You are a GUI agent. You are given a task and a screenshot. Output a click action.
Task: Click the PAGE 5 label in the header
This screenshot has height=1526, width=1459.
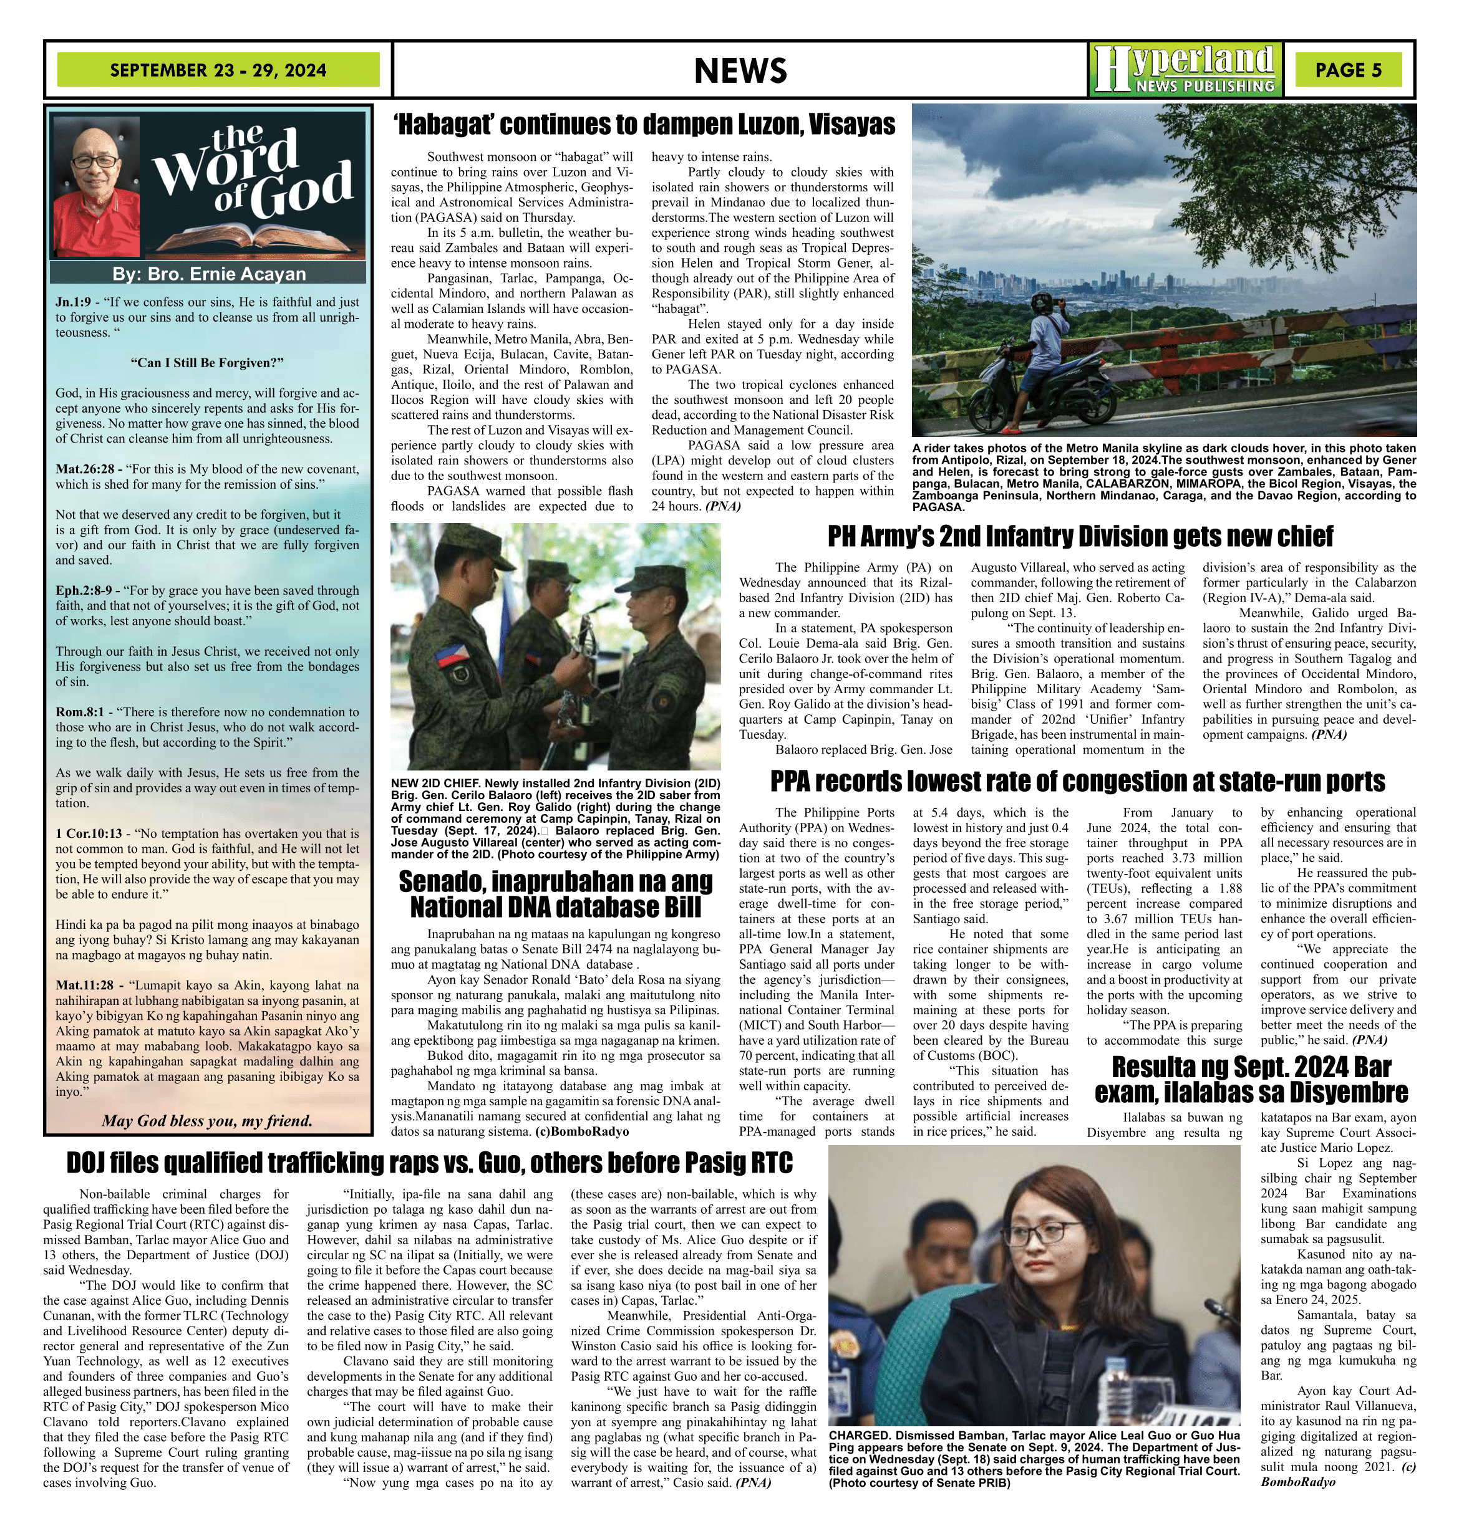click(x=1348, y=70)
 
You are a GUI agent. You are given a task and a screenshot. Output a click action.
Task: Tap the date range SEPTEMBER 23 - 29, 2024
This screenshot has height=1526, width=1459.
click(x=218, y=70)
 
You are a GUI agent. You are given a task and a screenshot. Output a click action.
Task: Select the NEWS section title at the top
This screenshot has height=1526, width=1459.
click(x=740, y=70)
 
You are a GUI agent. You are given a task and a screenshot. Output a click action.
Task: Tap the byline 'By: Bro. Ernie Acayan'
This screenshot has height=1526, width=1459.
click(x=208, y=274)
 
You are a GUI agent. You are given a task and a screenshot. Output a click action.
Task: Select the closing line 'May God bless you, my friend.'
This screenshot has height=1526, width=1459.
click(x=207, y=1120)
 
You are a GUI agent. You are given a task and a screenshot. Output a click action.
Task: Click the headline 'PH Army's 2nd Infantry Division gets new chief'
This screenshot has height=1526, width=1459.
click(x=1080, y=536)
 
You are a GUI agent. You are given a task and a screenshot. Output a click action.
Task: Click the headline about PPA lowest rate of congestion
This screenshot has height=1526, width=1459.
click(x=1077, y=780)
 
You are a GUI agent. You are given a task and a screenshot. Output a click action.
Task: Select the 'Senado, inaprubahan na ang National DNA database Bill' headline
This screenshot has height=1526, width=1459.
click(x=555, y=894)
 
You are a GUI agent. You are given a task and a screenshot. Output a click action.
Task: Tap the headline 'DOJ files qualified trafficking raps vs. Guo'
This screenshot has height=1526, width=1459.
click(x=429, y=1163)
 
